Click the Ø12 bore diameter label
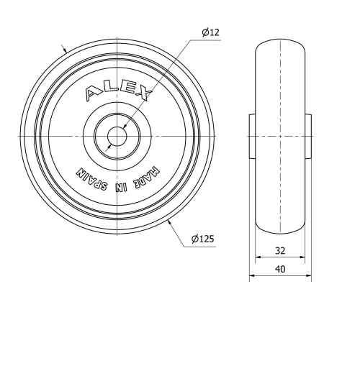(210, 32)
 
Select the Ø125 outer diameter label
(204, 239)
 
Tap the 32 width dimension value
(281, 251)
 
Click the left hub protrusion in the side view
(253, 136)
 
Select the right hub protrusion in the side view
(310, 136)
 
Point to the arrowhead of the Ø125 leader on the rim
(169, 223)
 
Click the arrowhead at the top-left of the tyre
(66, 51)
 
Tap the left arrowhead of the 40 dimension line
(252, 275)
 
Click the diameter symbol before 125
(196, 239)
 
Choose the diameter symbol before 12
(204, 32)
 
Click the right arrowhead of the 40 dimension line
(310, 275)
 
